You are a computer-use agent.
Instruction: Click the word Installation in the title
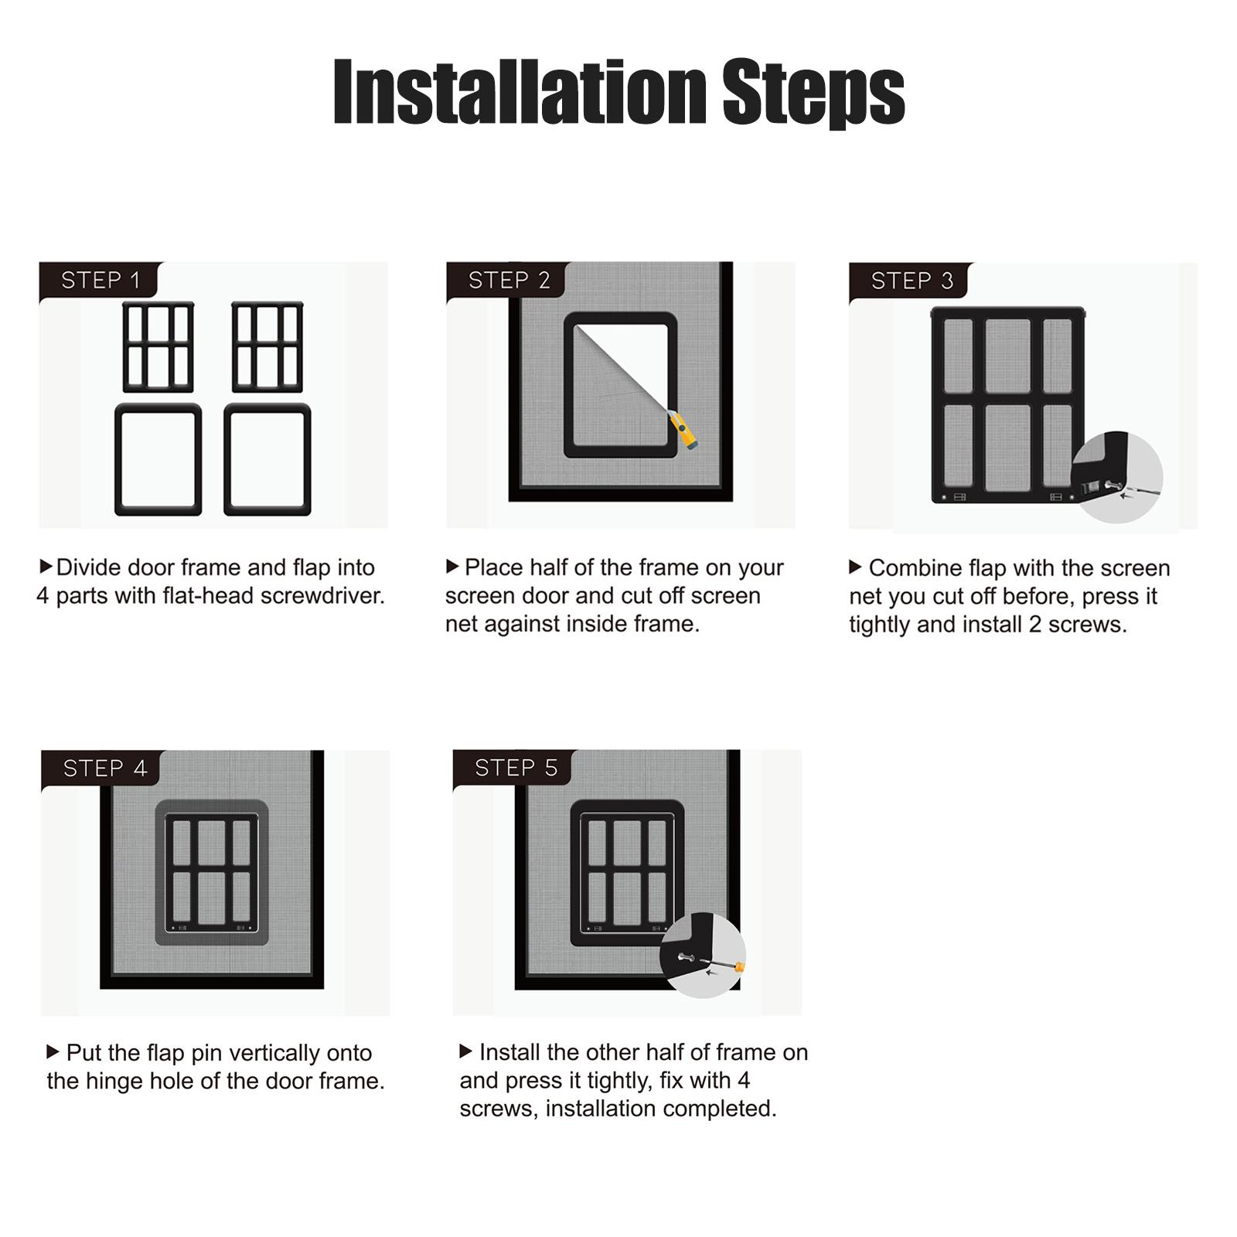(x=520, y=92)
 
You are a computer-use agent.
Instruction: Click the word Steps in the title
(x=814, y=94)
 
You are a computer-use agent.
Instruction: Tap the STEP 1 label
(x=101, y=280)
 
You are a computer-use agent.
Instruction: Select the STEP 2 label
(x=509, y=280)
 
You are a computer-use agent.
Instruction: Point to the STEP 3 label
(x=912, y=281)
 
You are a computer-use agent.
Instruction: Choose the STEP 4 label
(x=105, y=768)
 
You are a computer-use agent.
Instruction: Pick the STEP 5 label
(x=516, y=768)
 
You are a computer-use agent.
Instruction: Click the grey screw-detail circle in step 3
(x=1117, y=477)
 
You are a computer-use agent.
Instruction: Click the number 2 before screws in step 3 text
(x=1035, y=625)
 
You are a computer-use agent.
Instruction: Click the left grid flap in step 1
(x=158, y=347)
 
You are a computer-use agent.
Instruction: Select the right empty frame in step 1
(x=268, y=459)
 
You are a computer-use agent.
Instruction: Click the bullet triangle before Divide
(x=46, y=567)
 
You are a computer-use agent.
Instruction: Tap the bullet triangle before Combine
(x=855, y=567)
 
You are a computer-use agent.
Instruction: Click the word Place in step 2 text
(x=494, y=567)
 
